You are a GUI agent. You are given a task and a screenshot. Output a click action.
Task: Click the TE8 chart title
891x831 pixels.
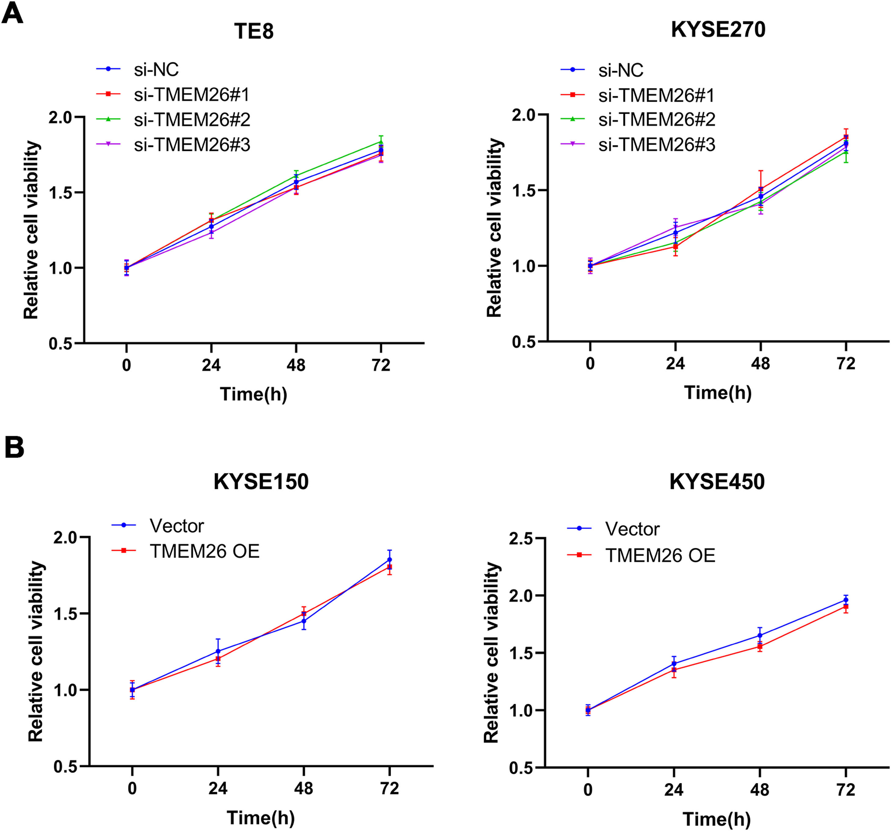(254, 31)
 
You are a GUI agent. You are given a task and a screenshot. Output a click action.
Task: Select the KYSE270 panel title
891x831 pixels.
(718, 30)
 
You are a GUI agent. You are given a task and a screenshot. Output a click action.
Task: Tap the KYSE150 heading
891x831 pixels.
(261, 482)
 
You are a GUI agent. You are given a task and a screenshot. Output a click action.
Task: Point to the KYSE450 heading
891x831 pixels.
(717, 482)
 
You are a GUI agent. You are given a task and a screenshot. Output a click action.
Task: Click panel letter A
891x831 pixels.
(12, 13)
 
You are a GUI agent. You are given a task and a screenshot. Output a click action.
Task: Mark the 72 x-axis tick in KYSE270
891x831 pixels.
(846, 364)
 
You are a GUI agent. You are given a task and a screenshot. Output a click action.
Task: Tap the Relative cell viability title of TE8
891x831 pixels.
(32, 230)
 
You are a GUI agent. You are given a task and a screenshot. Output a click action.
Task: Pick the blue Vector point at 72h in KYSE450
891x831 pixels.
(846, 600)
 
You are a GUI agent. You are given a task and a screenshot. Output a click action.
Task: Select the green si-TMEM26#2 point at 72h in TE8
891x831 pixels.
(381, 142)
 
